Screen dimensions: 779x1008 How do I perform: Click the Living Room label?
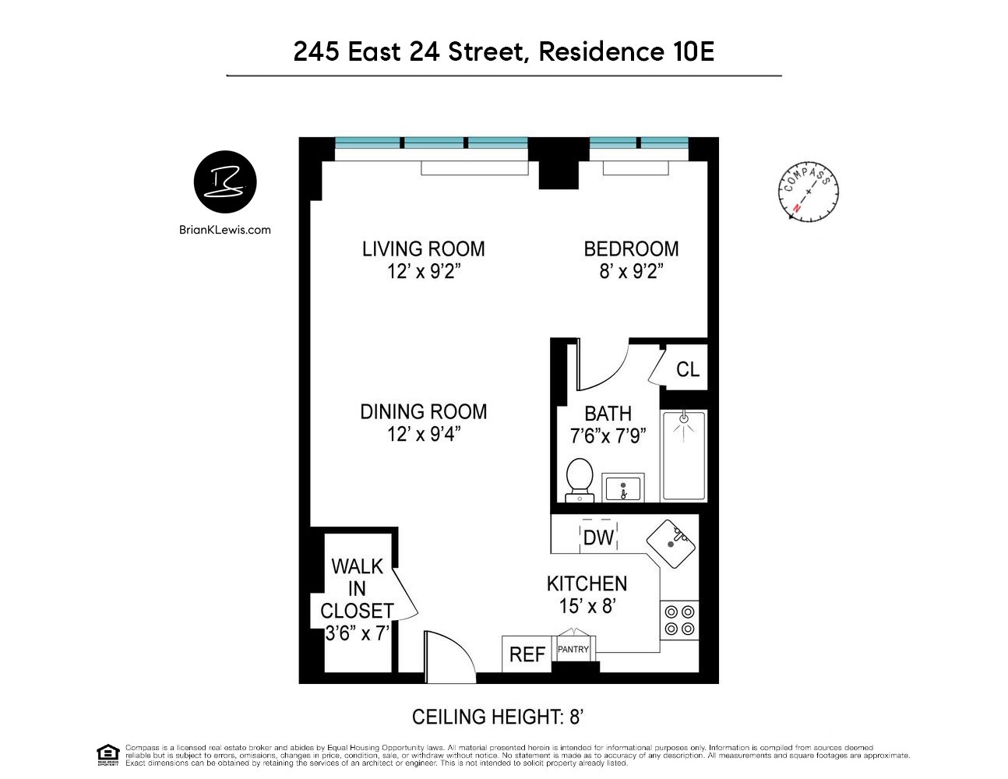[423, 249]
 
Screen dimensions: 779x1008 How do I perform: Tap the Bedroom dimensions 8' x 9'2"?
[631, 272]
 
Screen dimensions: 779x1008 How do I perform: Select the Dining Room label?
[423, 411]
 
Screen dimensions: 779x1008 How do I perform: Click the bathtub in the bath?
[684, 456]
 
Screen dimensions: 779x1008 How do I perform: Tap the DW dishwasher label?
[598, 538]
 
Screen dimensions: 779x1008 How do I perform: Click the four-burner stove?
[679, 620]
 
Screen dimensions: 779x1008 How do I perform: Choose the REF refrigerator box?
[527, 654]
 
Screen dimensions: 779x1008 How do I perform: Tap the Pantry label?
[573, 649]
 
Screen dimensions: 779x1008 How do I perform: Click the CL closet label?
[688, 369]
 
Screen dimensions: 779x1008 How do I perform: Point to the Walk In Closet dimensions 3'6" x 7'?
[357, 633]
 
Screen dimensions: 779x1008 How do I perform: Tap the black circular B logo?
[225, 182]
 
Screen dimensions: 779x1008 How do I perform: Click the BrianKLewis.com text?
[225, 230]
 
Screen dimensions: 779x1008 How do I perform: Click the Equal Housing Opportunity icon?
[107, 754]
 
